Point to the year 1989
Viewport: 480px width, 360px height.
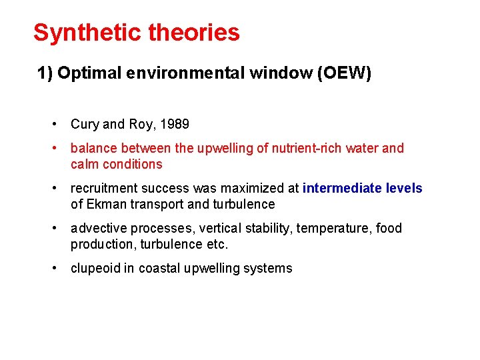coord(175,124)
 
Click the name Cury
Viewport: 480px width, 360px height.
coord(84,124)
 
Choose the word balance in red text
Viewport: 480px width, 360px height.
coord(92,148)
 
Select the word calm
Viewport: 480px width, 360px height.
coord(83,164)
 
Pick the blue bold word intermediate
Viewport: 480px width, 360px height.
coord(342,188)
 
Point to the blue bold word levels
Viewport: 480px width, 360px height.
coord(405,188)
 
